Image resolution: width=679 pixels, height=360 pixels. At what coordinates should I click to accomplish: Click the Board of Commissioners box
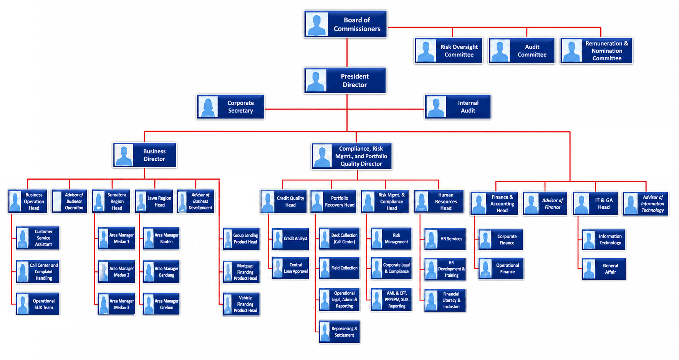coord(345,24)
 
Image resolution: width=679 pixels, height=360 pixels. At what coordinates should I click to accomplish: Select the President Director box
coord(345,80)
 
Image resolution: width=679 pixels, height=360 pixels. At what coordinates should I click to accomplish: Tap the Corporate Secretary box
coord(230,107)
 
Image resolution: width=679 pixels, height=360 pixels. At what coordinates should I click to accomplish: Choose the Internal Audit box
coord(458,107)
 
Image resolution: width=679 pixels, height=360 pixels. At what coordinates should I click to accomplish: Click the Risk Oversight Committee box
coord(448,51)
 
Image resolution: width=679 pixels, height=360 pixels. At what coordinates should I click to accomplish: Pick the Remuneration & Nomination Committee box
coord(596,51)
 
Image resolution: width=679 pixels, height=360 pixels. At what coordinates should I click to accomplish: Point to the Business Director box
coord(145,155)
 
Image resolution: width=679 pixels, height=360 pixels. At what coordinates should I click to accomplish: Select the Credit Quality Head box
coord(283,201)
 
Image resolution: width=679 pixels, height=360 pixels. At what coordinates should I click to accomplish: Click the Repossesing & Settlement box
coord(339,332)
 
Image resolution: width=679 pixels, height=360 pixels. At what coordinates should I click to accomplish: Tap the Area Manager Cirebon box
coord(161,304)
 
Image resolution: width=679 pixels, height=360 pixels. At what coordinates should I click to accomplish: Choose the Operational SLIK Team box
coord(38,304)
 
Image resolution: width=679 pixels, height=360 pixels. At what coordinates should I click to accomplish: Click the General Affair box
coord(604,269)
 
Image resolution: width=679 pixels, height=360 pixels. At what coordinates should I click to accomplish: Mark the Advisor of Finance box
coord(545,204)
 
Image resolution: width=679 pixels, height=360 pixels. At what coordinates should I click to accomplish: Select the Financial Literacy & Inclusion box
coord(445,300)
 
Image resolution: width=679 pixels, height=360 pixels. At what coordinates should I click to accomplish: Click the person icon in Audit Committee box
coord(500,51)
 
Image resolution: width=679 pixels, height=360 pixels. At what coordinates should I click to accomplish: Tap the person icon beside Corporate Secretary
coord(208,107)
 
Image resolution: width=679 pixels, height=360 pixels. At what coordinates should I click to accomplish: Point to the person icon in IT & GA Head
coord(581,204)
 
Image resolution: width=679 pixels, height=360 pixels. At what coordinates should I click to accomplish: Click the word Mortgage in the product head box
coord(245,266)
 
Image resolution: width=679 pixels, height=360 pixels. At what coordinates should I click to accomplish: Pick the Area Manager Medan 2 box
coord(116,272)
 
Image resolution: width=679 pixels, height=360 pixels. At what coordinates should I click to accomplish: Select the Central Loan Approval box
coord(290,268)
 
